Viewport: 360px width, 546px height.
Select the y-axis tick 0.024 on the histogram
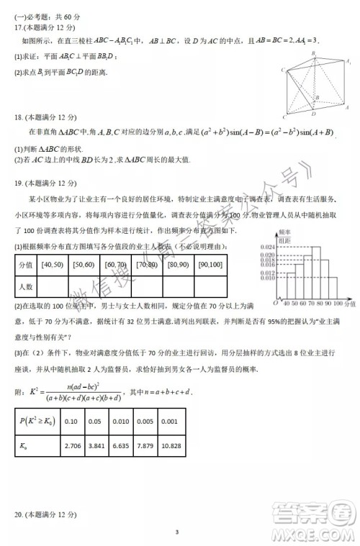pos(266,247)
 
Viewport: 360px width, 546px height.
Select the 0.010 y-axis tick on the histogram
pos(266,278)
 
